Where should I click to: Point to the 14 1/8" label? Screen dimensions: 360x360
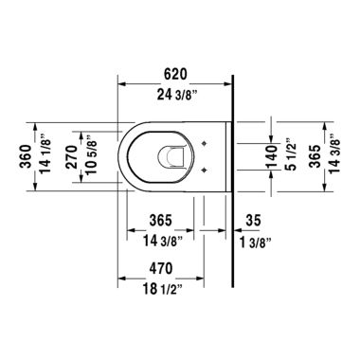point(34,153)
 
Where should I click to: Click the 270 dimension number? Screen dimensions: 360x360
point(68,153)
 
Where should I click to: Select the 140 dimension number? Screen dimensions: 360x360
point(269,153)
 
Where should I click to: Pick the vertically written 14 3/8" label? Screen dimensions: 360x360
point(334,153)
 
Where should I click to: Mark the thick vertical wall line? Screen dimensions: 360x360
point(233,189)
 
